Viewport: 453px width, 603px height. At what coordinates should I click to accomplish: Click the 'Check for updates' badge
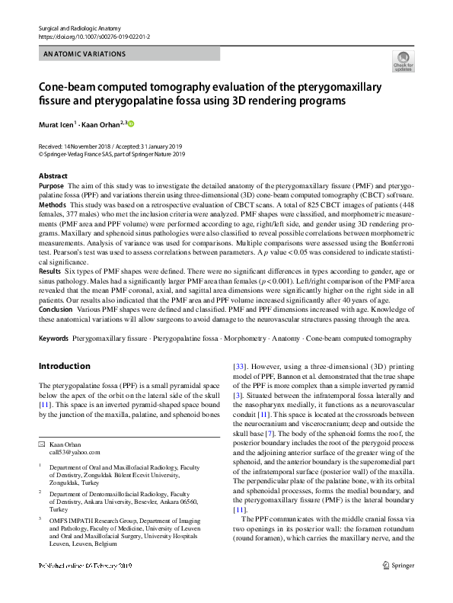pos(403,61)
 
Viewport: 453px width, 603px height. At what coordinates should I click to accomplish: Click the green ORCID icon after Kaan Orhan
pos(130,123)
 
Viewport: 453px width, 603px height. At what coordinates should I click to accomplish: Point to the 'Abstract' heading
pos(53,176)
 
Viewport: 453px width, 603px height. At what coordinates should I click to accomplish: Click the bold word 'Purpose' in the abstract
pos(51,185)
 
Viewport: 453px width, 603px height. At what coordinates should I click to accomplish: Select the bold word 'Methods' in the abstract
pos(53,204)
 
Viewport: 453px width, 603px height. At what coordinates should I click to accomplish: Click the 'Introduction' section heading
pos(64,365)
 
